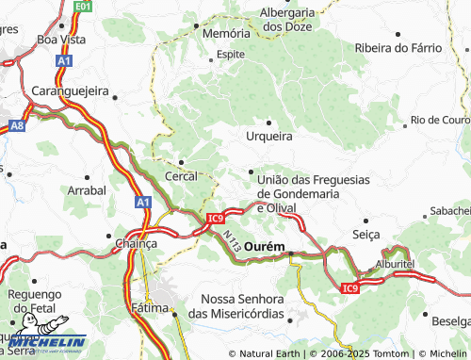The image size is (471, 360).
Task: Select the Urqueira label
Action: coord(269,136)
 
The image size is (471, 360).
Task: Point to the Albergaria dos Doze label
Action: coord(287,19)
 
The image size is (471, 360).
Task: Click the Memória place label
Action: coord(227,32)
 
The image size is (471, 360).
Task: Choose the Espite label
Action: coord(231,55)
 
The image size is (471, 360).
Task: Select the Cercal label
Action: coord(181,176)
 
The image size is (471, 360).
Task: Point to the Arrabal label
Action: coord(87,190)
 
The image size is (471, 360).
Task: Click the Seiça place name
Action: coord(365,234)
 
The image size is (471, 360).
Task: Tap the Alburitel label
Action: coord(394,265)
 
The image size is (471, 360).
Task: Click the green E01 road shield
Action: coord(83,6)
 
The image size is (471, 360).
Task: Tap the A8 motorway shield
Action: coord(18,124)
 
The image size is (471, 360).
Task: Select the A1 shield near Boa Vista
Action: coord(63,60)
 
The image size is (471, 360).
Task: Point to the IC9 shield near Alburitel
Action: coord(350,287)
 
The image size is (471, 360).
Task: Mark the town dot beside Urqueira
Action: coord(269,122)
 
